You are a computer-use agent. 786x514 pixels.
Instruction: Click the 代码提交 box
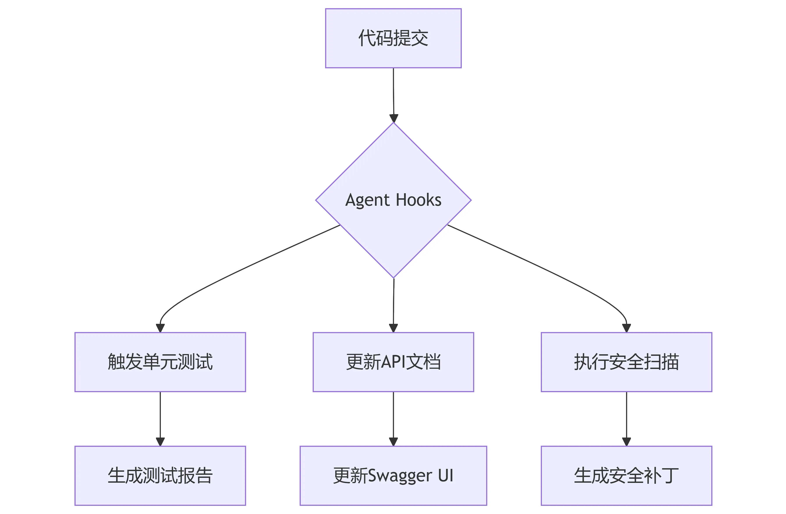pyautogui.click(x=393, y=38)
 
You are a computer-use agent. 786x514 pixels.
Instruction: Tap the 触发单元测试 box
pyautogui.click(x=160, y=362)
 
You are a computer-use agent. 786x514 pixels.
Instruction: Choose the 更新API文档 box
pyautogui.click(x=393, y=362)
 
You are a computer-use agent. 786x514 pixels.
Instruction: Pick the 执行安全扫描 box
pyautogui.click(x=626, y=362)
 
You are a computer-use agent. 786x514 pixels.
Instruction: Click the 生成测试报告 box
pyautogui.click(x=160, y=476)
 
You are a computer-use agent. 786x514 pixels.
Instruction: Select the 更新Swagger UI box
pyautogui.click(x=393, y=476)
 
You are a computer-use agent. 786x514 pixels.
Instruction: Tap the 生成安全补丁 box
pyautogui.click(x=626, y=476)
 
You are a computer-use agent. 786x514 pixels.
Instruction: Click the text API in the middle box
pyautogui.click(x=393, y=362)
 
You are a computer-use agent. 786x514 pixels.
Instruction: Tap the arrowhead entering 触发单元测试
pyautogui.click(x=160, y=328)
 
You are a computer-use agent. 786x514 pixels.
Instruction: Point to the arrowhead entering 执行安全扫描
pyautogui.click(x=626, y=328)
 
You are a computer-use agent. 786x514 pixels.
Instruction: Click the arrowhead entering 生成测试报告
pyautogui.click(x=160, y=441)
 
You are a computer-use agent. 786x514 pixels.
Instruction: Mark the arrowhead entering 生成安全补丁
pyautogui.click(x=626, y=441)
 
